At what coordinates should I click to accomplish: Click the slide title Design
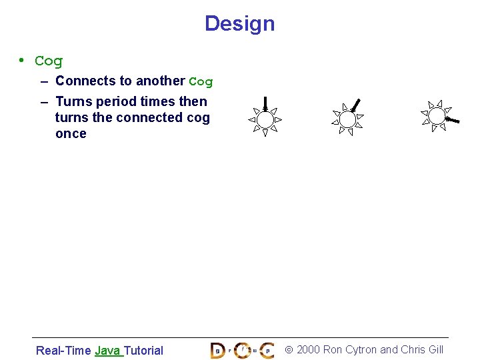tap(239, 23)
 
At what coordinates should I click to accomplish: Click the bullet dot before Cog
tap(22, 60)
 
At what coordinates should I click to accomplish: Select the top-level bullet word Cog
tap(49, 61)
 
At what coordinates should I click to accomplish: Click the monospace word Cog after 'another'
tap(201, 82)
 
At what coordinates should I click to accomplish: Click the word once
tap(71, 133)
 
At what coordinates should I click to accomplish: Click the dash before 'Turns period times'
tap(43, 102)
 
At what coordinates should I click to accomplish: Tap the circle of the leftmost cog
tap(265, 120)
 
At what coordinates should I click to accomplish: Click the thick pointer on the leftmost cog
tap(265, 103)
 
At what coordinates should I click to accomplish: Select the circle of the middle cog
tap(347, 119)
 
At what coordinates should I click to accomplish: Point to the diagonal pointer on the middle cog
tap(356, 105)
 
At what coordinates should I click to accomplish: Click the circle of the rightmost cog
tap(436, 116)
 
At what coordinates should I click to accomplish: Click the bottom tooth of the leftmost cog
tap(265, 133)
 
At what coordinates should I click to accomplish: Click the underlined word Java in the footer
tap(107, 350)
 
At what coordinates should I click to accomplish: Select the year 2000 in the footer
tap(308, 349)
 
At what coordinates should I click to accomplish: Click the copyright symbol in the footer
tap(289, 349)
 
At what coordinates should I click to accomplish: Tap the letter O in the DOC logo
tap(242, 350)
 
